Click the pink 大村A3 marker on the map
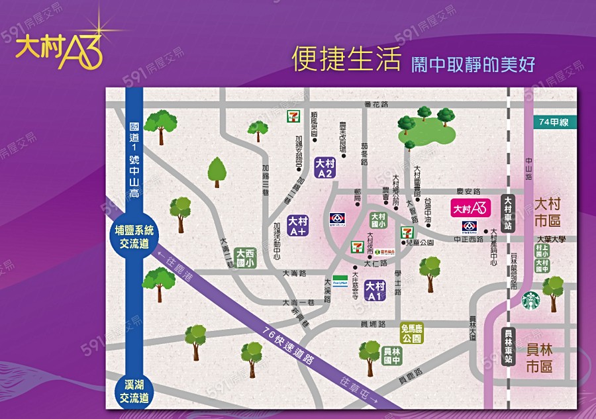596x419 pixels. click(470, 208)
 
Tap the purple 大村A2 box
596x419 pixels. click(324, 168)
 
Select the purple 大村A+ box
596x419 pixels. click(297, 225)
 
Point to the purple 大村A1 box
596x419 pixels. click(375, 291)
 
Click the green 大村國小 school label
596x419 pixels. click(378, 220)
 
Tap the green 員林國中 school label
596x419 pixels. click(391, 355)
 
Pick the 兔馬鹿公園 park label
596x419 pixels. click(411, 333)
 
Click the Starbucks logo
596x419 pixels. click(530, 301)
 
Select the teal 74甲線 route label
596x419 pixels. click(554, 122)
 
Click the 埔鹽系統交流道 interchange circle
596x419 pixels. click(134, 236)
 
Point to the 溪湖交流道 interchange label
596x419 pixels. click(134, 391)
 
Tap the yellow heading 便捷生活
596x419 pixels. click(346, 60)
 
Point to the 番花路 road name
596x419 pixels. click(375, 105)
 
